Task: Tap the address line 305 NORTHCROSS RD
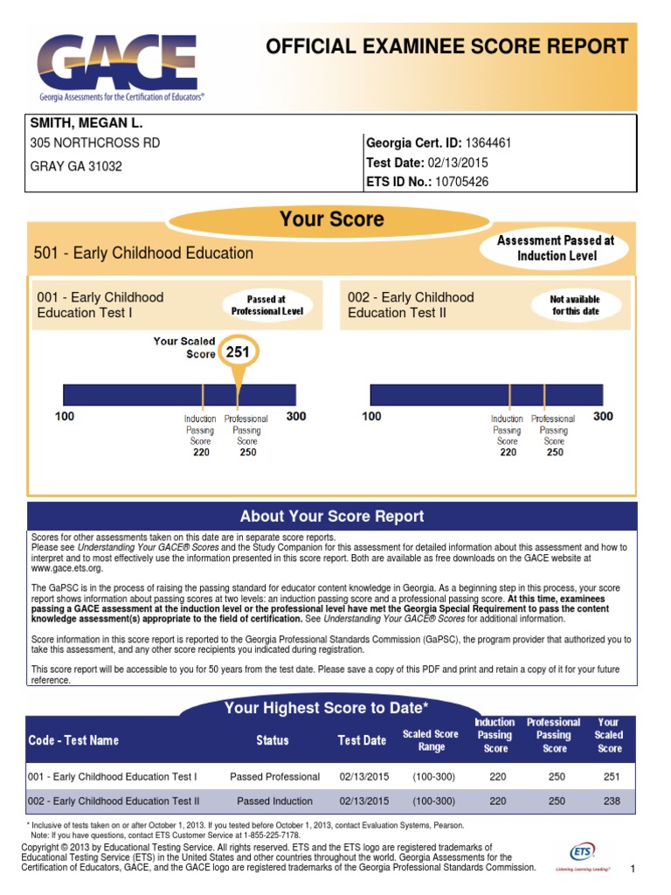pyautogui.click(x=95, y=142)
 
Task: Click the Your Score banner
pyautogui.click(x=331, y=219)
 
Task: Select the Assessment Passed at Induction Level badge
pyautogui.click(x=557, y=248)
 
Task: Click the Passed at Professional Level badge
pyautogui.click(x=267, y=304)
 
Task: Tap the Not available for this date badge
pyautogui.click(x=574, y=305)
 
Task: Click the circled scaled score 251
pyautogui.click(x=238, y=352)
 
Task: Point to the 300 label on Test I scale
pyautogui.click(x=296, y=416)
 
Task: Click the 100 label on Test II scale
pyautogui.click(x=371, y=416)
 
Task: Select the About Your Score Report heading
pyautogui.click(x=332, y=516)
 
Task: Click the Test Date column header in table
pyautogui.click(x=362, y=740)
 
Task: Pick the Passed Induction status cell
pyautogui.click(x=274, y=801)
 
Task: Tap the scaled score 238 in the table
pyautogui.click(x=609, y=801)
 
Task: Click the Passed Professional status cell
pyautogui.click(x=274, y=776)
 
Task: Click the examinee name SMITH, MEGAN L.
pyautogui.click(x=86, y=123)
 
